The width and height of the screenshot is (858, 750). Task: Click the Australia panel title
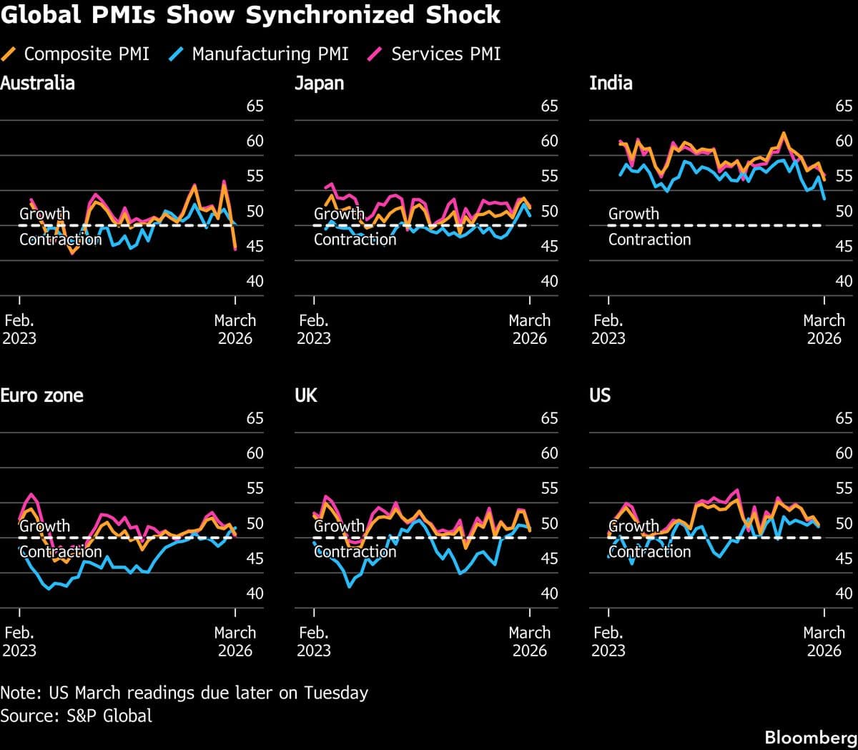(x=37, y=83)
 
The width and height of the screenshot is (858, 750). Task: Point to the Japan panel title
(x=319, y=84)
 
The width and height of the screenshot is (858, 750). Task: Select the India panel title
(x=611, y=83)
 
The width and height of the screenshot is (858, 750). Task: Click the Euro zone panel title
(x=41, y=395)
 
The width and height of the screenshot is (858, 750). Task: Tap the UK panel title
(x=305, y=395)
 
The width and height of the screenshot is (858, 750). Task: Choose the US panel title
(x=600, y=395)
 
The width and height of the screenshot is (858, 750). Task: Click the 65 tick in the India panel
(x=844, y=107)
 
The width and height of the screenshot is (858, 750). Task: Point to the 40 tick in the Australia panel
(x=255, y=281)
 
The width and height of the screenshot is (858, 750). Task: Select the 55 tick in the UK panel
(x=549, y=488)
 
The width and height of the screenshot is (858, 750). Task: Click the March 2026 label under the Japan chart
(x=529, y=329)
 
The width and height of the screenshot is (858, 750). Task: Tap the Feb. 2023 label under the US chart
(x=608, y=641)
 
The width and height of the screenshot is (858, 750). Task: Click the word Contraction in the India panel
(x=649, y=240)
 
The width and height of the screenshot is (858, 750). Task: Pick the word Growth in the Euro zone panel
(x=44, y=526)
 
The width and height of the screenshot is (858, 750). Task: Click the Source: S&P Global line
(x=76, y=716)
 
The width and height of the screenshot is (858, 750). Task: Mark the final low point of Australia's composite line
(x=235, y=248)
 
